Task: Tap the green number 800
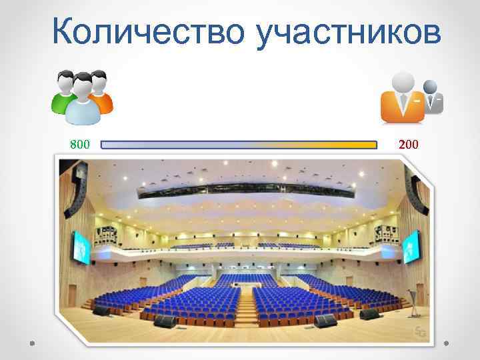click(80, 144)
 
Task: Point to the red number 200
click(408, 144)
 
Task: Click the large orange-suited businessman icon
click(402, 98)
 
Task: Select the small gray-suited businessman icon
click(433, 97)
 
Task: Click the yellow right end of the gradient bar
click(370, 144)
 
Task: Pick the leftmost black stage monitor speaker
click(101, 311)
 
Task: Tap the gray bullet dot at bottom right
click(445, 345)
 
